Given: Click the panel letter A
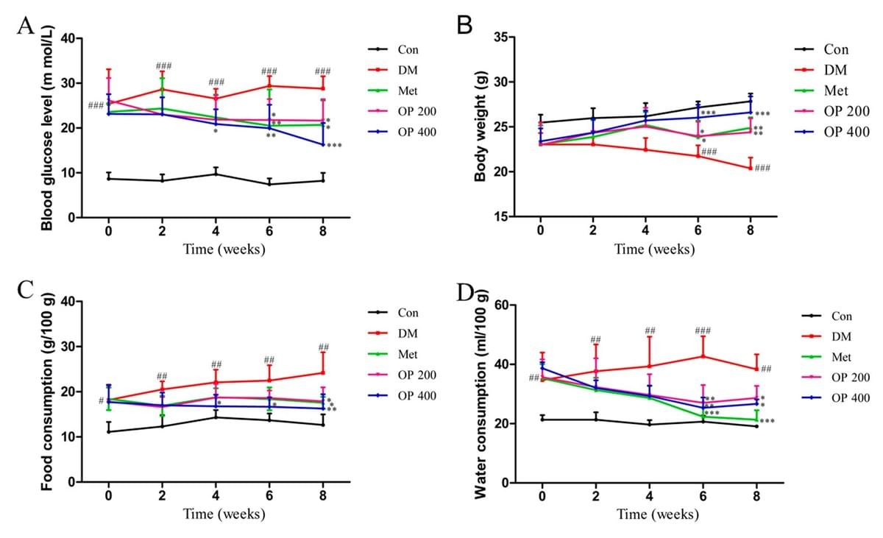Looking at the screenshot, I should [x=25, y=26].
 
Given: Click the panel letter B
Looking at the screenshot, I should [x=464, y=25].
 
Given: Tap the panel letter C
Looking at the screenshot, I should [x=25, y=289].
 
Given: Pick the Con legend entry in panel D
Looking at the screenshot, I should [x=840, y=316].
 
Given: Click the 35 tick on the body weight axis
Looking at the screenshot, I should [x=501, y=37].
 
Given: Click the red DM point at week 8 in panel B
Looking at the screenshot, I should [x=750, y=168].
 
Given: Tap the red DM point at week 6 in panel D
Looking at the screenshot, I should [x=703, y=356].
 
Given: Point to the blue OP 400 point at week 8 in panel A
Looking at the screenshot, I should [x=322, y=144].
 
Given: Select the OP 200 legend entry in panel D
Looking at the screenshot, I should [x=851, y=378].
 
